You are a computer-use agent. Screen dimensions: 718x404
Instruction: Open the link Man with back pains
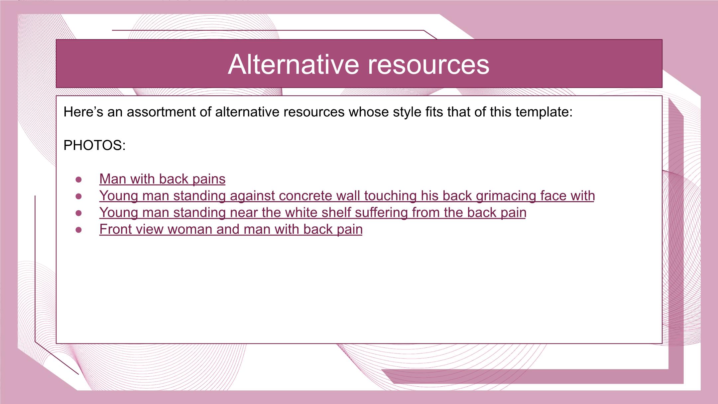162,179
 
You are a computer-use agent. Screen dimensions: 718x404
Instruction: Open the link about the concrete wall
347,196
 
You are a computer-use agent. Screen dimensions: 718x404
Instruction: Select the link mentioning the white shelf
313,212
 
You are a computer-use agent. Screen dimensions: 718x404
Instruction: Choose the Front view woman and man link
231,229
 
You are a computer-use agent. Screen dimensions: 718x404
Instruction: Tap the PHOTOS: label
94,145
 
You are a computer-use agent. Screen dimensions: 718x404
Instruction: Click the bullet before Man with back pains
79,180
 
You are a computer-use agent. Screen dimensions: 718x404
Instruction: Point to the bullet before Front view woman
79,230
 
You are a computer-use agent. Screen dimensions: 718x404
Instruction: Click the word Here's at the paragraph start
83,112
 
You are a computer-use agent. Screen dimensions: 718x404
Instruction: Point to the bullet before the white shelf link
79,213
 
